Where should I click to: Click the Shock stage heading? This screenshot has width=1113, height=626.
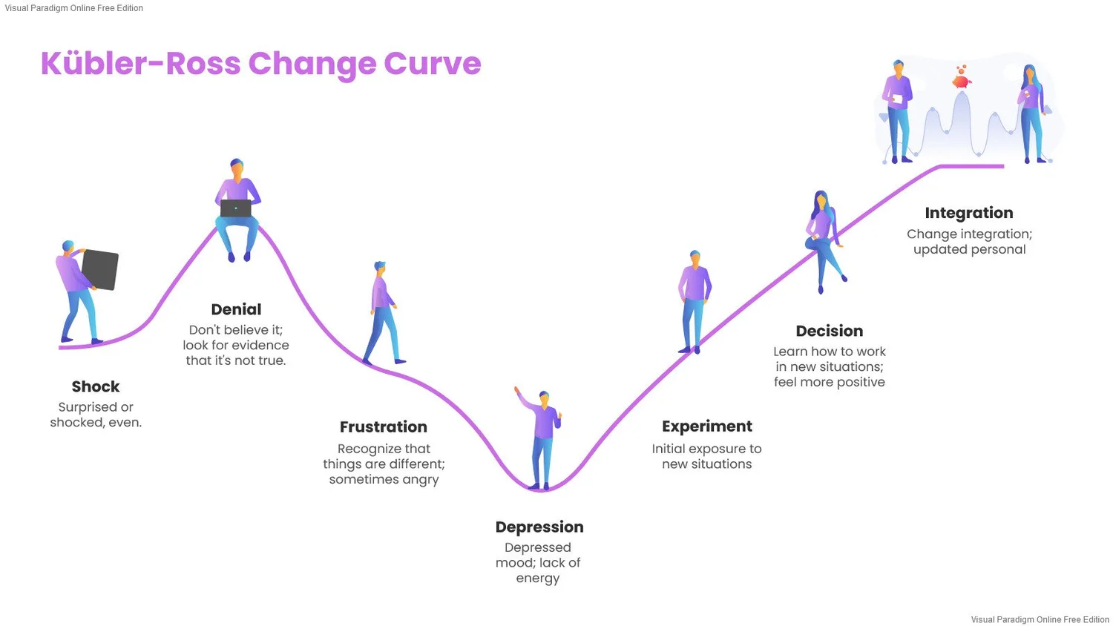[x=96, y=386]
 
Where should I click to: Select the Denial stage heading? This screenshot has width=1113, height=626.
[x=236, y=309]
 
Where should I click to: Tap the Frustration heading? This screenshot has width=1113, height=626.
[x=384, y=426]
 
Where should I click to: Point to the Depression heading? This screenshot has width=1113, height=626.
[x=539, y=527]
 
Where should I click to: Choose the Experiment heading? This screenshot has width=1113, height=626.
[x=707, y=426]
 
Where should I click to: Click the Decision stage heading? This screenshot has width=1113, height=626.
[x=830, y=331]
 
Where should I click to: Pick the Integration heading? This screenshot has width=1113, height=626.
[x=968, y=213]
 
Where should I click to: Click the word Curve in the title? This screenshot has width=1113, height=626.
[x=433, y=64]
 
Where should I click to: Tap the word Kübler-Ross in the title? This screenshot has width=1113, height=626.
[x=140, y=64]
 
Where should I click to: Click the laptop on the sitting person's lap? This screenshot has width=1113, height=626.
[x=236, y=208]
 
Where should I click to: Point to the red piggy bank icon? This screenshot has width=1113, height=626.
[x=962, y=78]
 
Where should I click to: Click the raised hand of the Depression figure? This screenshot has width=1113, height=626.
[x=517, y=391]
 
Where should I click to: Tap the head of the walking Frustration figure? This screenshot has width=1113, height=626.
[x=381, y=267]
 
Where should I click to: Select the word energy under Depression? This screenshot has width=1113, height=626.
[x=538, y=579]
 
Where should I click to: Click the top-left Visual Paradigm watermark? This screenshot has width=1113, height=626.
[x=73, y=8]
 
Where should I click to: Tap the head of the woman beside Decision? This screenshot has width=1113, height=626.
[x=821, y=200]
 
